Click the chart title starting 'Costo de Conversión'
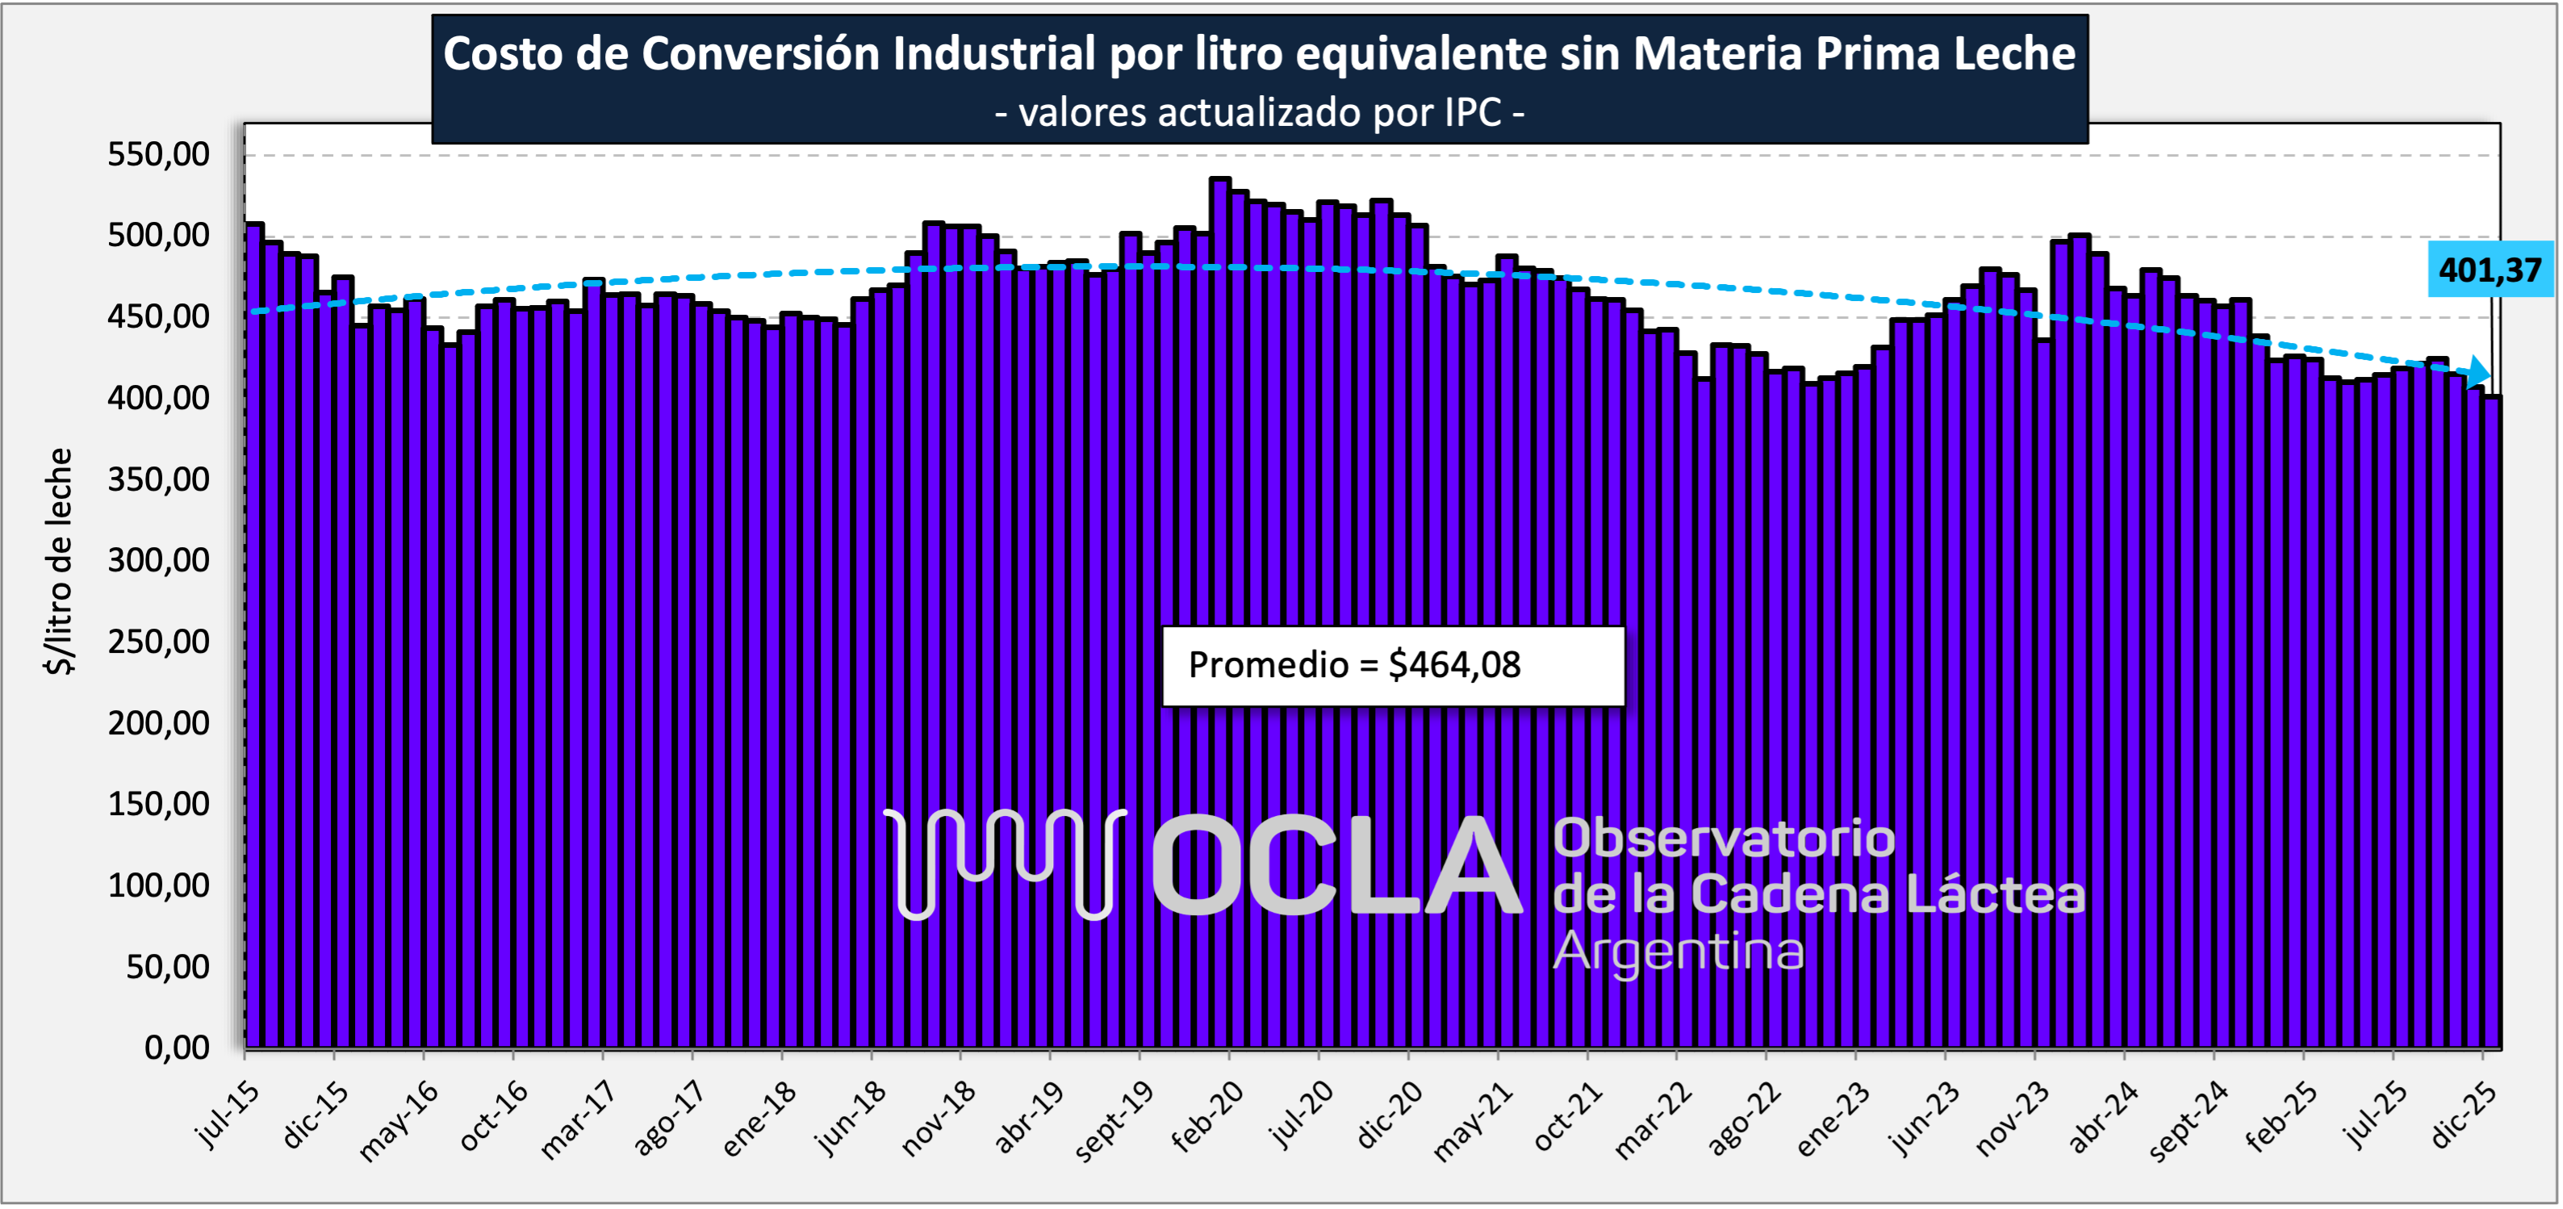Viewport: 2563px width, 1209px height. click(x=1259, y=54)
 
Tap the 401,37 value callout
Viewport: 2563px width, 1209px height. click(x=2490, y=270)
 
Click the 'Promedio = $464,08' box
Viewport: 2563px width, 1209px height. click(x=1393, y=666)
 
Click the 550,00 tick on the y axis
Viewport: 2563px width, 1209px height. click(x=159, y=154)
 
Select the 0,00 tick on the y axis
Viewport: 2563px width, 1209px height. click(x=177, y=1047)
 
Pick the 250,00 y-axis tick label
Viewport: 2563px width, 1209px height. click(x=159, y=642)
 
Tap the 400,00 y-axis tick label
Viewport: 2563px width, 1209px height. click(x=159, y=398)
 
